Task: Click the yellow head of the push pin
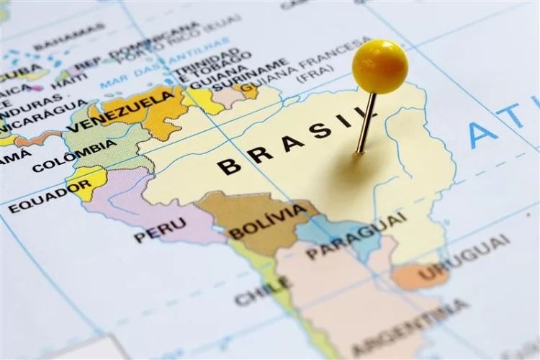(x=379, y=66)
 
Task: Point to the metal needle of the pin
(x=366, y=123)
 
